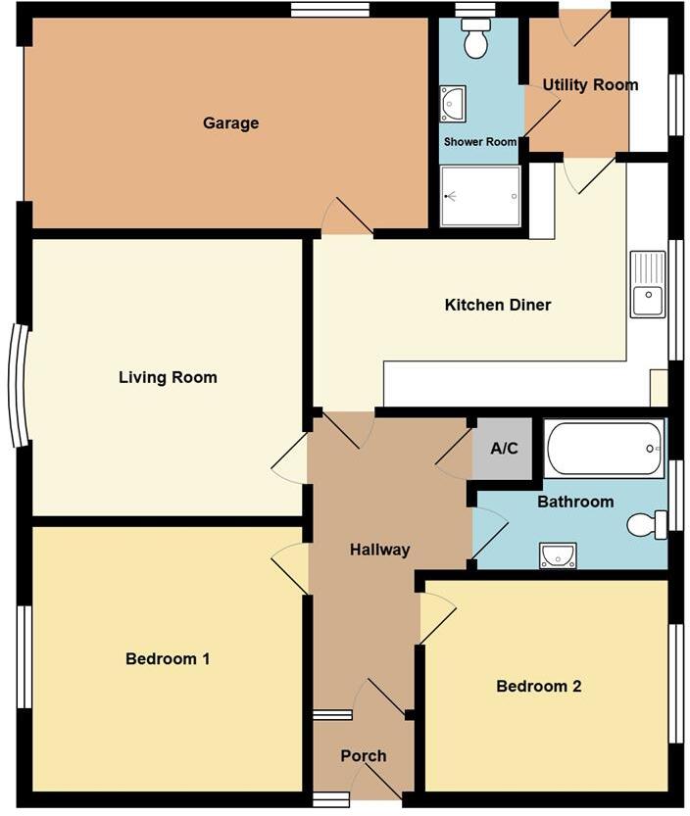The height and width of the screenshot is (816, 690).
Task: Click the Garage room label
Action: [230, 123]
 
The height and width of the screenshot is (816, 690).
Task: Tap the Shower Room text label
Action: [479, 142]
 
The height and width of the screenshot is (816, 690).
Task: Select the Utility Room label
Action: [590, 85]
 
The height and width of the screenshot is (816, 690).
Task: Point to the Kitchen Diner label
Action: [498, 305]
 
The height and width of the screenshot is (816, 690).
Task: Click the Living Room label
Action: [168, 377]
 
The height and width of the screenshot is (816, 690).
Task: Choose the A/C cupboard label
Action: [504, 449]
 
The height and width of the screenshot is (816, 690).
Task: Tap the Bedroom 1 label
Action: [168, 659]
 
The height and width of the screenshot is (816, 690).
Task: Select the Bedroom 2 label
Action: [538, 686]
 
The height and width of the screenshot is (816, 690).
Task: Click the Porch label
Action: [363, 756]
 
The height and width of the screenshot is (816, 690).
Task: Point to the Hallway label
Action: [379, 550]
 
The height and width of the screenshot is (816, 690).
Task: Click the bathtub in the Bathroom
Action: [604, 449]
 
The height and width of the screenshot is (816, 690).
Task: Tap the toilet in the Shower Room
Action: [476, 39]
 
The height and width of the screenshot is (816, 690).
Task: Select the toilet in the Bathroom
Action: [647, 525]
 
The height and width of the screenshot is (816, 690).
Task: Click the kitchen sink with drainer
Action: [647, 285]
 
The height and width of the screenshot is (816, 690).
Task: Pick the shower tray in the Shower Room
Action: [480, 196]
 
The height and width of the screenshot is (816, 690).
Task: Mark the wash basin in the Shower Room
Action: [453, 104]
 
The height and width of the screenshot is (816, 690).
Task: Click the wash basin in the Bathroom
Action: [558, 556]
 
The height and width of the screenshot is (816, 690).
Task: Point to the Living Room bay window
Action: [17, 385]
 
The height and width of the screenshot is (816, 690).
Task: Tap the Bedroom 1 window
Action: [25, 656]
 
